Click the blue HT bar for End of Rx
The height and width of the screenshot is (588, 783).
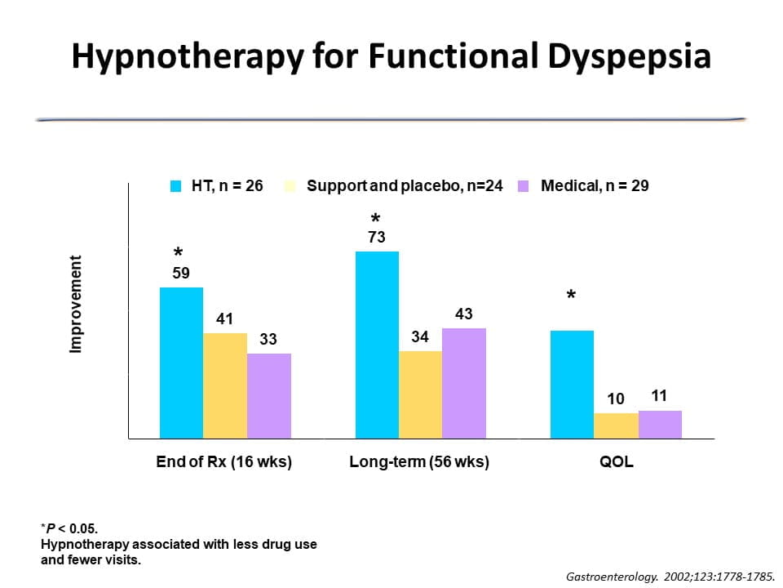(x=181, y=363)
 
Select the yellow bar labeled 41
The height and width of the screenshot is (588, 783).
(x=225, y=385)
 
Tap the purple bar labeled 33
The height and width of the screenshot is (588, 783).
(x=269, y=396)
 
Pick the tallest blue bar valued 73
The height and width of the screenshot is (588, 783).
(x=377, y=345)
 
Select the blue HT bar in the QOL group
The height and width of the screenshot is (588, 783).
(x=572, y=385)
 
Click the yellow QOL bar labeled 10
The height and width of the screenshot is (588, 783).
(x=616, y=426)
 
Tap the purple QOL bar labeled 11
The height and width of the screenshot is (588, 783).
(x=660, y=425)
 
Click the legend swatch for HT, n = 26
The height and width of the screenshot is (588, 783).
(x=175, y=186)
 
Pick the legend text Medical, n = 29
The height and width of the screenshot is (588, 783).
(x=595, y=186)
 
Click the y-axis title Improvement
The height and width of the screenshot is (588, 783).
(x=76, y=305)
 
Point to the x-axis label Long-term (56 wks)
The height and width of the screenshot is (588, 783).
(x=419, y=462)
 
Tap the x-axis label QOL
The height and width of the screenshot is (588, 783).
(x=616, y=462)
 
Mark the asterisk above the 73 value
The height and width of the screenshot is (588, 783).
(x=376, y=219)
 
